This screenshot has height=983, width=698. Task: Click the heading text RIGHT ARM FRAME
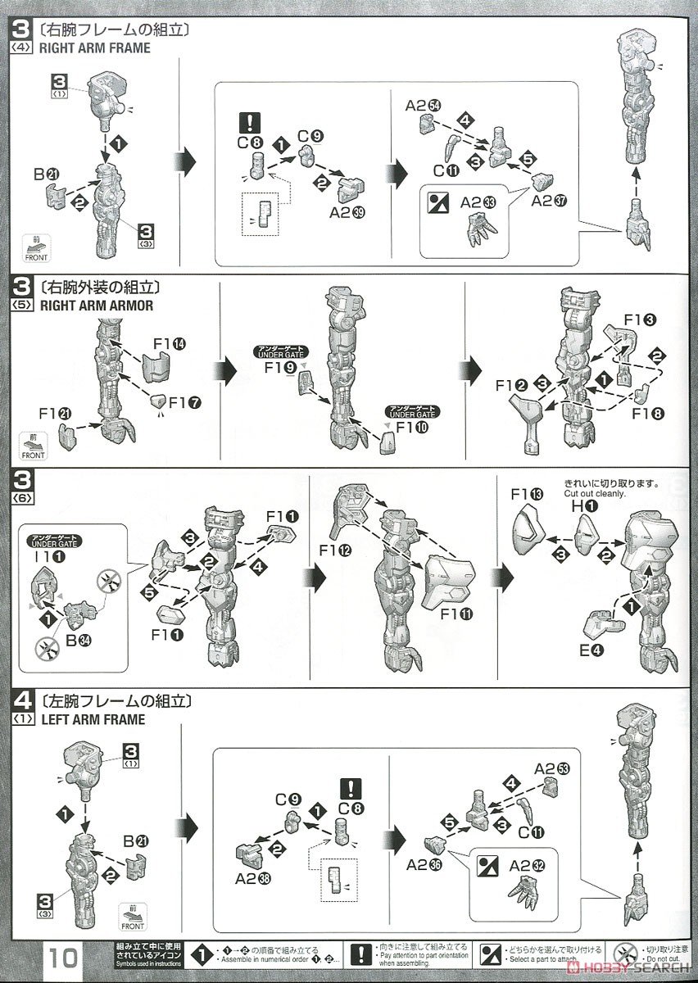[94, 48]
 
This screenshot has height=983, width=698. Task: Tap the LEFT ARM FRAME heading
[92, 719]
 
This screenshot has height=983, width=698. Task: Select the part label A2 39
[346, 211]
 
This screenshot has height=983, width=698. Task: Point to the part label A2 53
[551, 768]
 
